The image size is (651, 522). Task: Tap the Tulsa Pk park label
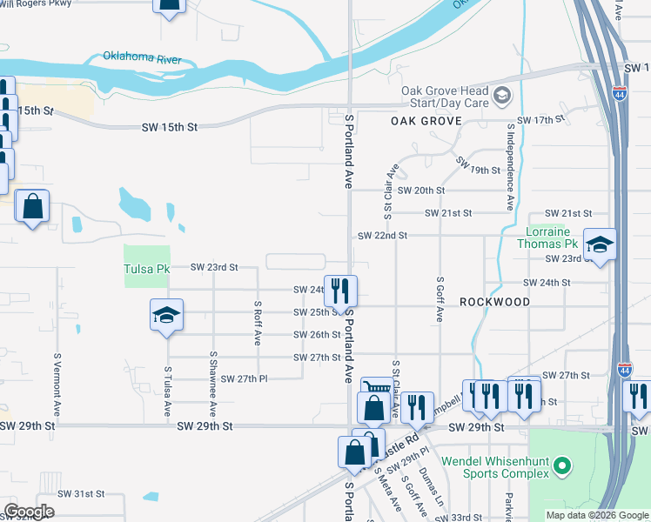coord(145,269)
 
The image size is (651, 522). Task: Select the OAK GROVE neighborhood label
coord(426,121)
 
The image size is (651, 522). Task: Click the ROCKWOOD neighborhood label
coord(494,301)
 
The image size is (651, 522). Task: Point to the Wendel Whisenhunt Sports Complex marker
coord(562,467)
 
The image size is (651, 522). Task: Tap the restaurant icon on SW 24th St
coord(340,290)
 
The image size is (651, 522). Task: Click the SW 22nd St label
coord(383,236)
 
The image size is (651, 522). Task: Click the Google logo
coord(29,512)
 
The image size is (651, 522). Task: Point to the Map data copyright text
coord(596,515)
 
